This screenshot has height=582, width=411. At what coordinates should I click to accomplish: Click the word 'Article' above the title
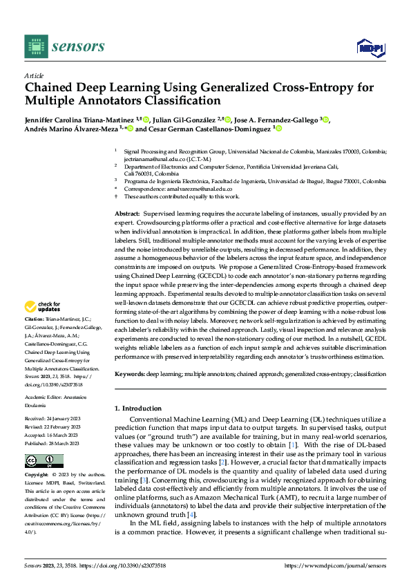pos(33,75)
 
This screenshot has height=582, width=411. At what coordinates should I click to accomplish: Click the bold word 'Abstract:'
pos(128,216)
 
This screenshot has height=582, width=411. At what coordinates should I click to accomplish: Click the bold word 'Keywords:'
pos(130,374)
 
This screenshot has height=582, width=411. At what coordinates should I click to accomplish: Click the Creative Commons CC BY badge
pos(44,461)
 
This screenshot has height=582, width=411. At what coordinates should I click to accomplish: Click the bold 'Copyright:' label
pos(36,476)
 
